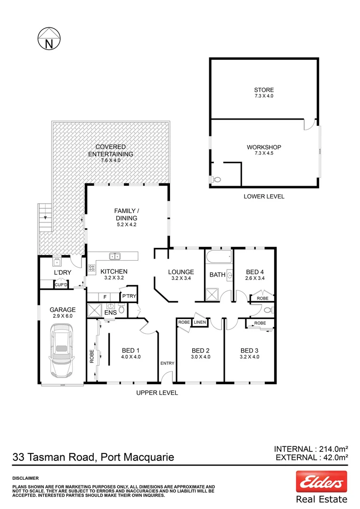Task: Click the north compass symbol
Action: (49, 39)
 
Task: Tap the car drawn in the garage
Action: (62, 353)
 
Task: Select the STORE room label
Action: (263, 90)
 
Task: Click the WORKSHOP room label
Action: (264, 147)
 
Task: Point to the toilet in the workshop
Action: (217, 179)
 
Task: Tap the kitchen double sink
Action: (115, 256)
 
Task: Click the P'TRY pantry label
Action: (129, 296)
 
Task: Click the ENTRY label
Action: (167, 363)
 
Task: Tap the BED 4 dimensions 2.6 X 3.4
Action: (255, 278)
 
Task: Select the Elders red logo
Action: (321, 482)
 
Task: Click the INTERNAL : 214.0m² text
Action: (311, 449)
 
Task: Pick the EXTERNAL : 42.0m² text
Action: (311, 457)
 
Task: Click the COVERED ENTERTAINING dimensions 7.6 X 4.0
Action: (111, 161)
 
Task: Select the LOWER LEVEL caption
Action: (264, 196)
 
